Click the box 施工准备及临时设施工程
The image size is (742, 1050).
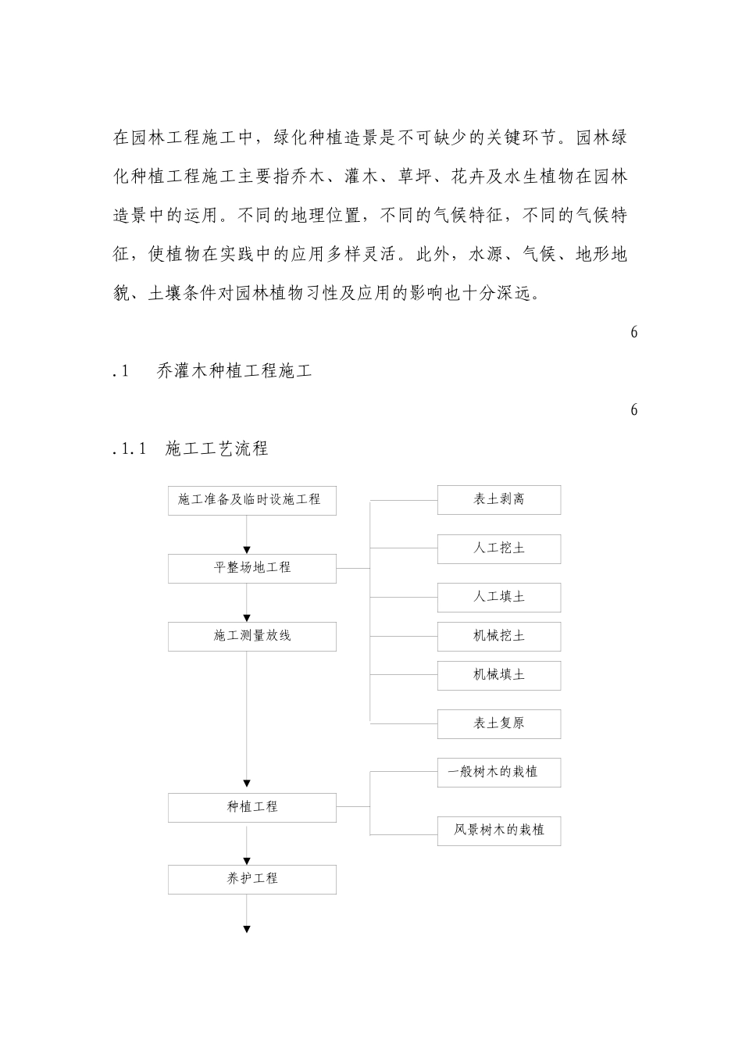coord(251,500)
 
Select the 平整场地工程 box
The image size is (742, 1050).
coord(251,568)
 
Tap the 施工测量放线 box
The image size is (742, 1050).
coord(251,636)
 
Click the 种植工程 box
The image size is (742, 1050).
coord(251,807)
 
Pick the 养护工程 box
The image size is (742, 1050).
coord(251,879)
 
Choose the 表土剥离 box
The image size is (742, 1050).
coord(498,500)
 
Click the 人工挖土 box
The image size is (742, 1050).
coord(498,548)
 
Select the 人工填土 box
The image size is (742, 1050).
coord(498,597)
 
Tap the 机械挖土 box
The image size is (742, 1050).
coord(498,636)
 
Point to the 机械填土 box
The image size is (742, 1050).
coord(498,675)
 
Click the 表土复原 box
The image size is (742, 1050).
coord(498,723)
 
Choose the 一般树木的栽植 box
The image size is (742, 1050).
coord(498,772)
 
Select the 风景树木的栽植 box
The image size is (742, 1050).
coord(498,830)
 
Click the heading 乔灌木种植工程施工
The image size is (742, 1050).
coord(234,371)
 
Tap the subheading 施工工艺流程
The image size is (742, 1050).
coord(216,448)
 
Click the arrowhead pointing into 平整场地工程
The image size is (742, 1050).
coord(247,550)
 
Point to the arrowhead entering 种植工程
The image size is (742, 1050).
coord(247,784)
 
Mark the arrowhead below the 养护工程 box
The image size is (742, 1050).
coord(247,929)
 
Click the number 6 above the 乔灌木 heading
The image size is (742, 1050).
coord(633,332)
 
